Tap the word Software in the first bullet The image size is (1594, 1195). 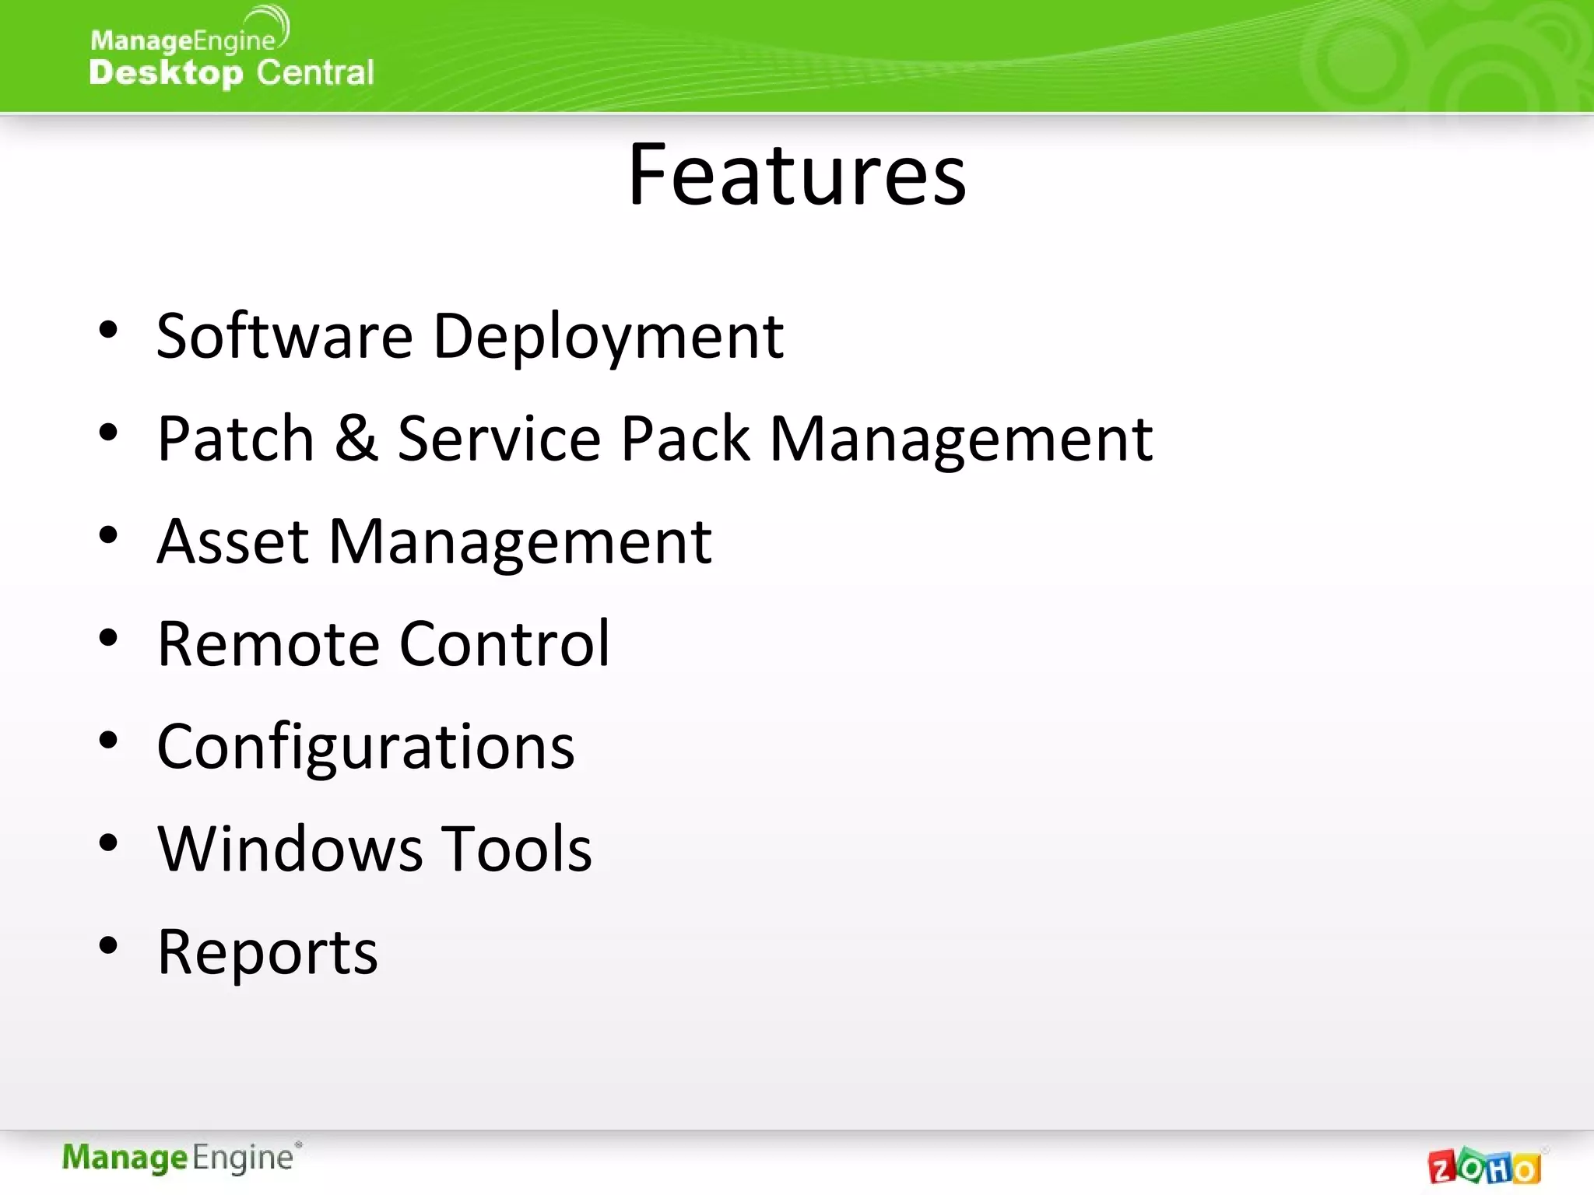click(284, 336)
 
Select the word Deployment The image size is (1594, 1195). click(608, 336)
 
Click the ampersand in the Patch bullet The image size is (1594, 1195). click(356, 438)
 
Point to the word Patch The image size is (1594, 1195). click(235, 438)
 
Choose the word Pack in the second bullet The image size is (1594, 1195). click(685, 438)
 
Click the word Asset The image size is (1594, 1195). click(233, 541)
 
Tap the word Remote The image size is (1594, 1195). click(269, 643)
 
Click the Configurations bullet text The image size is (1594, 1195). click(366, 747)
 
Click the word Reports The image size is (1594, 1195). click(267, 951)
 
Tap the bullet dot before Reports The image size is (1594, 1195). click(108, 945)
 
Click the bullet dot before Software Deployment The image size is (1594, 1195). click(108, 330)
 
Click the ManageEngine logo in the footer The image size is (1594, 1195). click(181, 1158)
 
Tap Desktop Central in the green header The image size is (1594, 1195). click(231, 72)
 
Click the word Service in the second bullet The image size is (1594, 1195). click(499, 438)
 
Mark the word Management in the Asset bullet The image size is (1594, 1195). click(519, 541)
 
